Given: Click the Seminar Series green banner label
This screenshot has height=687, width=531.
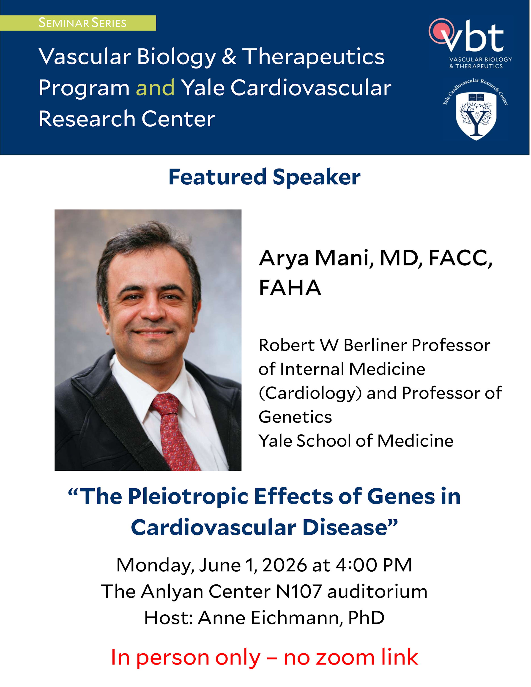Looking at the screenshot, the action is click(78, 23).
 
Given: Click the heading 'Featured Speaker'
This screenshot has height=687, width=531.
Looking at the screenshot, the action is click(265, 177).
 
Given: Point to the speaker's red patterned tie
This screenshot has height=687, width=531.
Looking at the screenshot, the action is click(175, 431).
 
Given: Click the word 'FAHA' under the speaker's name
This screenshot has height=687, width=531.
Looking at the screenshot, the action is click(290, 288).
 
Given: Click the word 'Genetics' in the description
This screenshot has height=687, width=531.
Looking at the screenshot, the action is click(295, 417).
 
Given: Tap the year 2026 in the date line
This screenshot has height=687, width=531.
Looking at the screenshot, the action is click(284, 565).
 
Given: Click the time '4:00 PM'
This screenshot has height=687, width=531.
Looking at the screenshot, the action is click(374, 565).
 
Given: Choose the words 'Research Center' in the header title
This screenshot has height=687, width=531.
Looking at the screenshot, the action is click(127, 119).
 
